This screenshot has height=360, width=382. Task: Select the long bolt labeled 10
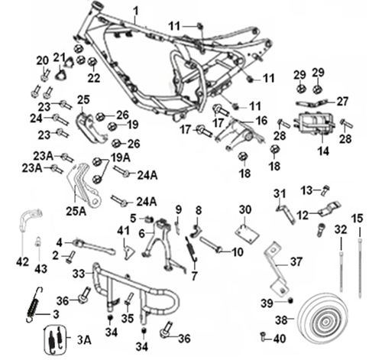point(213,248)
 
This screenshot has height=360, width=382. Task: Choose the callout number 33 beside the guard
point(78,272)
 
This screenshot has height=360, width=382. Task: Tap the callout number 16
point(261,121)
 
